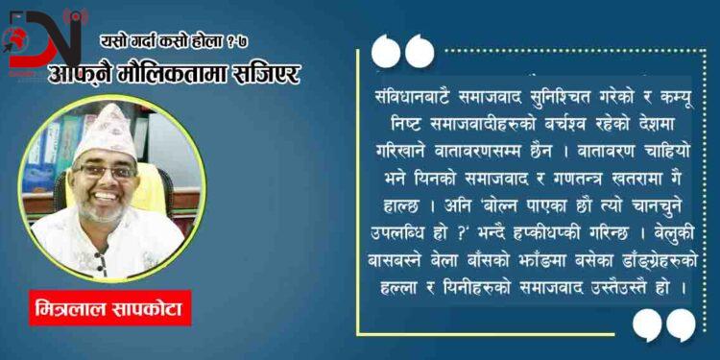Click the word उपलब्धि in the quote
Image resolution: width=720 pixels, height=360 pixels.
tap(412, 233)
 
